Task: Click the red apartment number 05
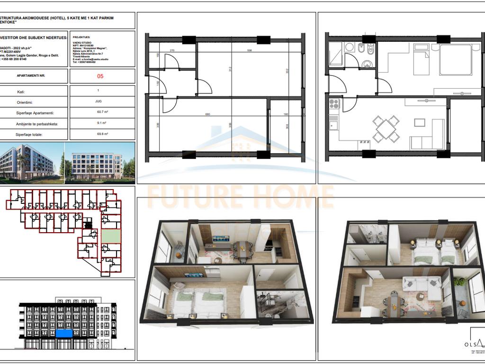tap(100, 76)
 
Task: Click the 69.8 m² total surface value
tap(100, 134)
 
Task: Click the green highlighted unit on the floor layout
tap(111, 236)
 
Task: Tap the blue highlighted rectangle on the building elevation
tap(64, 334)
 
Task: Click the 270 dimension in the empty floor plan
tap(172, 50)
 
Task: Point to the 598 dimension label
tap(249, 50)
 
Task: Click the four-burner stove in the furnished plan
tap(333, 104)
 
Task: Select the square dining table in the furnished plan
tap(386, 128)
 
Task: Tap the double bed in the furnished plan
tap(455, 60)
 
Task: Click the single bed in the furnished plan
tap(421, 60)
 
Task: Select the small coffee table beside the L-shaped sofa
tap(420, 122)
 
